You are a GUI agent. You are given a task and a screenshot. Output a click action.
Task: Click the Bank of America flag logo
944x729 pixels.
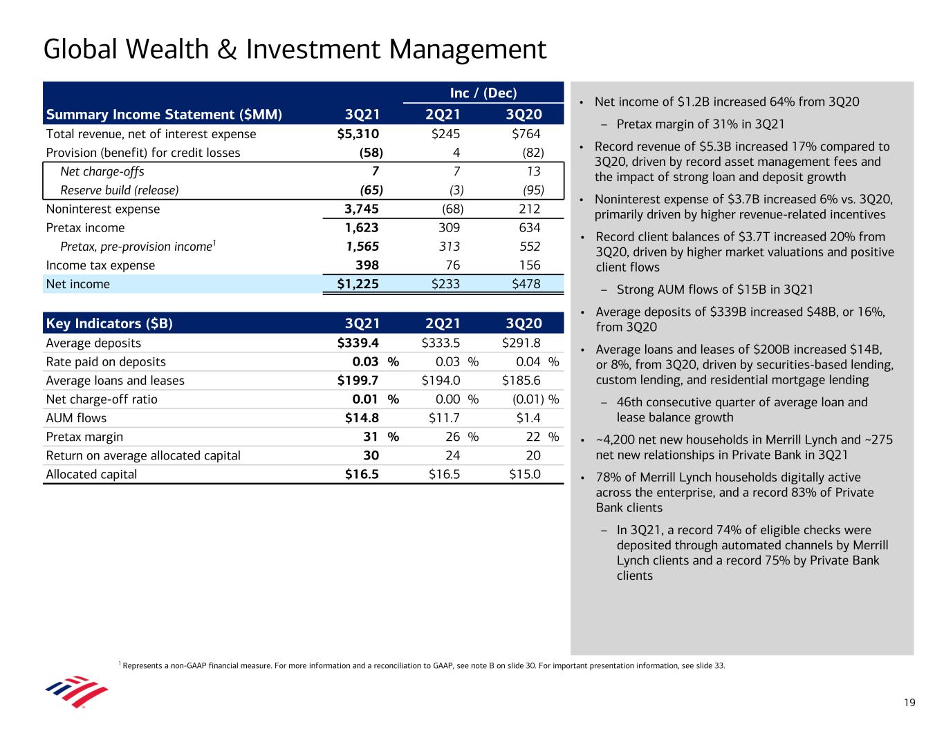click(76, 691)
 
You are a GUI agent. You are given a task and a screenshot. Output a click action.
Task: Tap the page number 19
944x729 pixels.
click(909, 703)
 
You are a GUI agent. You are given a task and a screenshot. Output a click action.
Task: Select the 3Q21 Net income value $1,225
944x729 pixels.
click(353, 284)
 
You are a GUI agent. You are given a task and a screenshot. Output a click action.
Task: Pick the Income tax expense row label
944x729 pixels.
click(100, 265)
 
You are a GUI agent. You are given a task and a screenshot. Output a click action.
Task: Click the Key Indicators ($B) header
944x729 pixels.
click(109, 323)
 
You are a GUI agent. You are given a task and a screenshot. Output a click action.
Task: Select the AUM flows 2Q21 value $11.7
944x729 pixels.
click(441, 418)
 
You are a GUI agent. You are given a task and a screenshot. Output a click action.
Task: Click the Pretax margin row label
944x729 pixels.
click(84, 437)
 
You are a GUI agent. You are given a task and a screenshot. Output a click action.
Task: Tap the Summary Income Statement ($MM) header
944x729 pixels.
click(164, 115)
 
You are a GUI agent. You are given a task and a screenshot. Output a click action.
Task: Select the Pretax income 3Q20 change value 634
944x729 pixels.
click(529, 228)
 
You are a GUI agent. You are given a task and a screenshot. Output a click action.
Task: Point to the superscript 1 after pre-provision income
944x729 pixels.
click(214, 243)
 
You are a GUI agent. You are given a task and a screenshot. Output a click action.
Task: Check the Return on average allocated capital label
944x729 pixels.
click(143, 455)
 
